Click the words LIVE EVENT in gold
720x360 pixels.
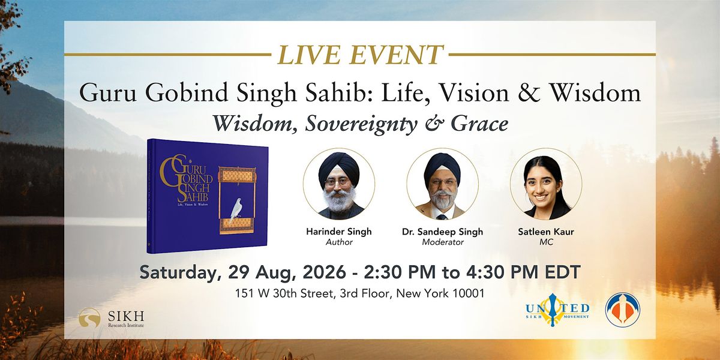tap(359, 55)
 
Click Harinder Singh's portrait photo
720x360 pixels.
tap(339, 184)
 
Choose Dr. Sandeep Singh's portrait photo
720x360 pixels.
tap(442, 184)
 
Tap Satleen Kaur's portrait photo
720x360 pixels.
tap(546, 184)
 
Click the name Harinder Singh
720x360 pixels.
tap(339, 232)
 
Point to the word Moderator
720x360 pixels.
tap(443, 242)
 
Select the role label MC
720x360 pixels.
tap(546, 242)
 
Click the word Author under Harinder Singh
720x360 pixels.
tap(339, 242)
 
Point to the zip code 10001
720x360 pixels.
tap(469, 293)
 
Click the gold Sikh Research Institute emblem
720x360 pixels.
tap(89, 318)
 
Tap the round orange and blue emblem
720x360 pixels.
tap(623, 310)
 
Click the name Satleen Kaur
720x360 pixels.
tap(546, 232)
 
